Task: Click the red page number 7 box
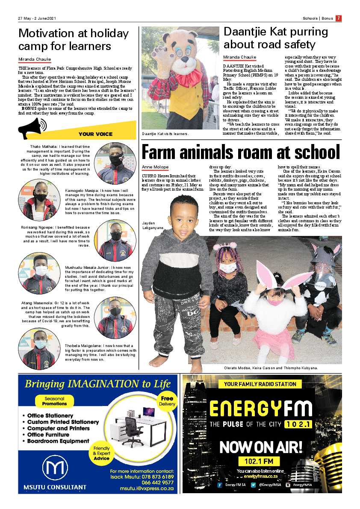tap(338, 18)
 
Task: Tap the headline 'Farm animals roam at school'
tap(241, 153)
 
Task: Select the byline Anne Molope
tap(155, 167)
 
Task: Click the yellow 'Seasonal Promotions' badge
tap(55, 401)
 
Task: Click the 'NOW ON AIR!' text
tap(261, 447)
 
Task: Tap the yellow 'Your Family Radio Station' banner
tap(260, 384)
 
